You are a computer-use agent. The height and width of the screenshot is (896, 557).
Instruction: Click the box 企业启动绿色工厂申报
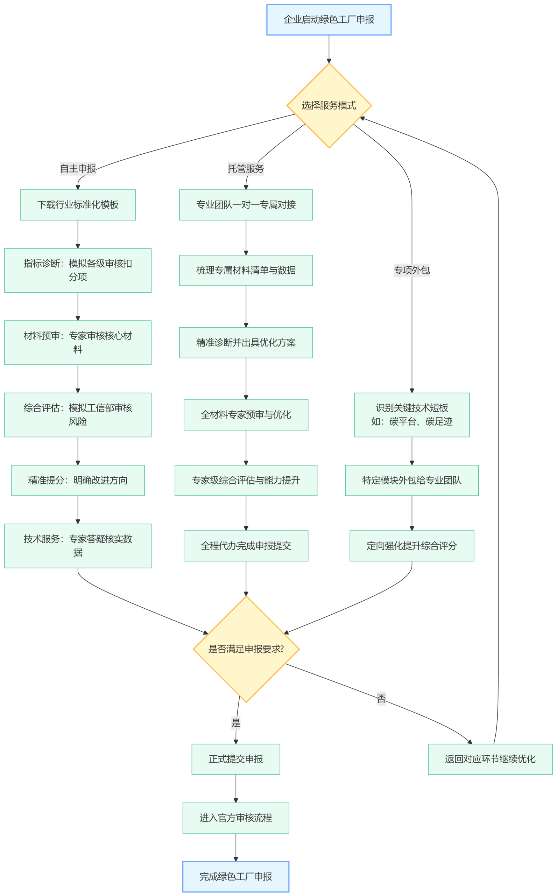pyautogui.click(x=329, y=20)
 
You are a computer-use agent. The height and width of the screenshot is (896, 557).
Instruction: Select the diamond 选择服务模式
pyautogui.click(x=329, y=106)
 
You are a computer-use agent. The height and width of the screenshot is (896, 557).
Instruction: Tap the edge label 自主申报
pyautogui.click(x=78, y=169)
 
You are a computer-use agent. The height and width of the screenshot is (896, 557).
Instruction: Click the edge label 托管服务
pyautogui.click(x=246, y=169)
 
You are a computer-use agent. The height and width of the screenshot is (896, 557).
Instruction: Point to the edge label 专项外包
pyautogui.click(x=411, y=271)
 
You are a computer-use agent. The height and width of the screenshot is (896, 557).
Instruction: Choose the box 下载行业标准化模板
pyautogui.click(x=78, y=205)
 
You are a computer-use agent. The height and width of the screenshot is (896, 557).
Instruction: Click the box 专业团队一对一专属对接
pyautogui.click(x=246, y=205)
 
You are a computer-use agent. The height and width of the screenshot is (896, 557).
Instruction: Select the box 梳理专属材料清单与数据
pyautogui.click(x=246, y=271)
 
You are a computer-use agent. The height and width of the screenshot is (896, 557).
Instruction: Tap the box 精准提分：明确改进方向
pyautogui.click(x=78, y=480)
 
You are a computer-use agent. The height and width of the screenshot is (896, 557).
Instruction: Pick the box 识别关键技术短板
pyautogui.click(x=411, y=415)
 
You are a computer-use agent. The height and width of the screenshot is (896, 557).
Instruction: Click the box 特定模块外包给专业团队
pyautogui.click(x=411, y=480)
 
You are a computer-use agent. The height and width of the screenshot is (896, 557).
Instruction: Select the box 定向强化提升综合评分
pyautogui.click(x=411, y=546)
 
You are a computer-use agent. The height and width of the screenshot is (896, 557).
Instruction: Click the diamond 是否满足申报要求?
pyautogui.click(x=246, y=649)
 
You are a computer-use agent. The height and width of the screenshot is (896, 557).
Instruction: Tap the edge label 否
pyautogui.click(x=381, y=698)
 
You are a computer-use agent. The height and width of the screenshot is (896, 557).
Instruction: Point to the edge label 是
pyautogui.click(x=236, y=723)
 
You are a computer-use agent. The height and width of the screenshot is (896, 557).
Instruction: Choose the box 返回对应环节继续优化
pyautogui.click(x=490, y=759)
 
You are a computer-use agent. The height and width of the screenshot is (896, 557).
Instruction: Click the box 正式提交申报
pyautogui.click(x=236, y=759)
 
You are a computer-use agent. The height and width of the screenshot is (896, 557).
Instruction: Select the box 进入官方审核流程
pyautogui.click(x=236, y=818)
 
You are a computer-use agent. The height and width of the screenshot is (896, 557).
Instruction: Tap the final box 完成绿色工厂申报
pyautogui.click(x=236, y=876)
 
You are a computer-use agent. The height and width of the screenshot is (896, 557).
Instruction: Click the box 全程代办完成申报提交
pyautogui.click(x=246, y=546)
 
